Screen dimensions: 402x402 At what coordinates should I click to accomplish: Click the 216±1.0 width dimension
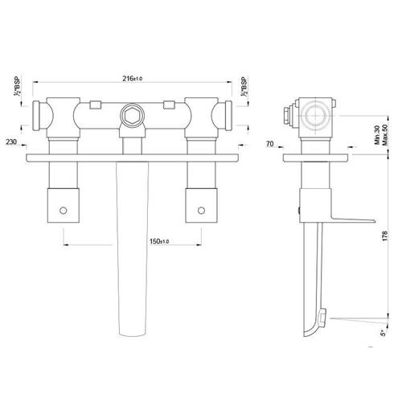click(x=133, y=79)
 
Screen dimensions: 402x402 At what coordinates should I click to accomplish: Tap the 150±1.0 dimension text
click(x=159, y=241)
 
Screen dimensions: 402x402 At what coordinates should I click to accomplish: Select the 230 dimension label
click(x=11, y=142)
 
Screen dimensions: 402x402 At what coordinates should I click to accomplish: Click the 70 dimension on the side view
click(x=270, y=144)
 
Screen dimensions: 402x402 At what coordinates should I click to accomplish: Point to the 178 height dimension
click(x=385, y=236)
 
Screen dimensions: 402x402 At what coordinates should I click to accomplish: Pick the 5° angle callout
click(x=384, y=333)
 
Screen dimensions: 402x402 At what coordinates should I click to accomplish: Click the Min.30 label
click(x=378, y=135)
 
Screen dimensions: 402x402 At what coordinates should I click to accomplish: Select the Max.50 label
click(x=385, y=135)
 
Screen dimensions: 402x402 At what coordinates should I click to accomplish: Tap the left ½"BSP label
click(x=18, y=86)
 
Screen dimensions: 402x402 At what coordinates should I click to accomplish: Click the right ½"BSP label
click(x=244, y=86)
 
